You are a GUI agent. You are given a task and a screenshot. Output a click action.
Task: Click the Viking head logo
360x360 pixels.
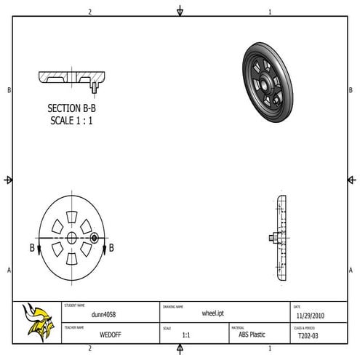38,321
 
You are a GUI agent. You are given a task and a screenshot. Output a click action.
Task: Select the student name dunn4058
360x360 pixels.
103,315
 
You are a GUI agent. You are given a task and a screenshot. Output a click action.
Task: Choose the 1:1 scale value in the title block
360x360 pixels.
186,336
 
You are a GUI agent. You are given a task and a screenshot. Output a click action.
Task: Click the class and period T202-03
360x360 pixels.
308,337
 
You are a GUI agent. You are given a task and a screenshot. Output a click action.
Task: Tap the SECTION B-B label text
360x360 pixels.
73,108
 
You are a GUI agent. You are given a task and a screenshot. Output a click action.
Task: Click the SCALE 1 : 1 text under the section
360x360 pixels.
73,120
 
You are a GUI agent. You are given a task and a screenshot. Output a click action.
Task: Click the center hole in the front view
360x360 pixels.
72,238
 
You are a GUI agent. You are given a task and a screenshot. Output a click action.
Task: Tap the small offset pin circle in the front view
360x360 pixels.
94,238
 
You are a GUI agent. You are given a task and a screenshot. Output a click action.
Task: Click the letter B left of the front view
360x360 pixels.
33,248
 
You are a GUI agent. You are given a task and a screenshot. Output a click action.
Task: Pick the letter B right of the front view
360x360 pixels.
111,248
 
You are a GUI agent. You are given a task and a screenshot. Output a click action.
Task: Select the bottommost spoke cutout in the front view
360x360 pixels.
72,259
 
